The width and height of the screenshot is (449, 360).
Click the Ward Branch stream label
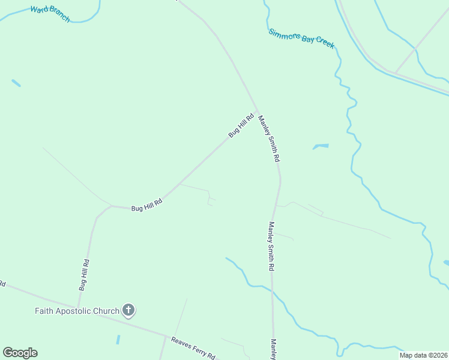[x=50, y=14]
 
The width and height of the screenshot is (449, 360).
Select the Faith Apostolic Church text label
[x=76, y=311]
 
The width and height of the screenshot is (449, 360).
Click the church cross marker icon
[x=128, y=310]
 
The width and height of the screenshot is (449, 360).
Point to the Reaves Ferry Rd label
[x=193, y=347]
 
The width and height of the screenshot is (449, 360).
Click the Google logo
[x=20, y=353]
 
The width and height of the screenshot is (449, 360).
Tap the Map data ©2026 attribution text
[x=424, y=355]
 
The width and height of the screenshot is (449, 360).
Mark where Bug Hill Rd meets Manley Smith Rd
[x=258, y=112]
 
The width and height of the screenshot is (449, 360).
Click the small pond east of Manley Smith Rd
[x=321, y=146]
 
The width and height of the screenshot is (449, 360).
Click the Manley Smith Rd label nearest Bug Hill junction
[x=269, y=139]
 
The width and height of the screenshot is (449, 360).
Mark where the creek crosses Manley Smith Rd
[x=272, y=292]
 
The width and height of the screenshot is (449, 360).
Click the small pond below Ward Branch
[x=16, y=83]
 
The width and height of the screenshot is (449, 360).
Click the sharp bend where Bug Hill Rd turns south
[x=110, y=206]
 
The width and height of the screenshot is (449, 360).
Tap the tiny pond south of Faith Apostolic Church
[x=118, y=339]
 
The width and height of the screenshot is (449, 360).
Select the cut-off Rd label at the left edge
[x=2, y=283]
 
